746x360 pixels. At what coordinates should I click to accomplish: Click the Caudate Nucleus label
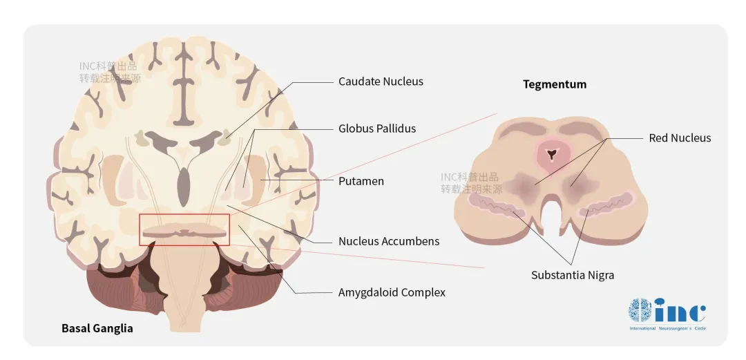(381, 82)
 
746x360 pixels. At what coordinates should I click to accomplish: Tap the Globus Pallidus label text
(377, 129)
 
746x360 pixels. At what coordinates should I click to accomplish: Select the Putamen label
(361, 182)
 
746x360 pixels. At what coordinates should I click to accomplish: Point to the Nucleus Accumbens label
(389, 242)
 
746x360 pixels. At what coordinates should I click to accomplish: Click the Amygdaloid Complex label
(392, 292)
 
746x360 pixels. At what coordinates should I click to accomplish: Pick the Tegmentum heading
(555, 85)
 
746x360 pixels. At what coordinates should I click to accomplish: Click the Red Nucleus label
(680, 138)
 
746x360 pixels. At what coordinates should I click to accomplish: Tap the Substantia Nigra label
(573, 275)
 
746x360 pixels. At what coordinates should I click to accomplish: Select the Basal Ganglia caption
(97, 328)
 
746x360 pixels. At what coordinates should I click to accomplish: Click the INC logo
(667, 311)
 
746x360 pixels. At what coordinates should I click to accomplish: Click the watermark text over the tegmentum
(472, 183)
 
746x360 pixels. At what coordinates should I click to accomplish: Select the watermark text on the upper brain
(110, 73)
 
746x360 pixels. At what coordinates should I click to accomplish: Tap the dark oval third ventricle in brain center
(184, 187)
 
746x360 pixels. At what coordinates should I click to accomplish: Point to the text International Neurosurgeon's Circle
(667, 328)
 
